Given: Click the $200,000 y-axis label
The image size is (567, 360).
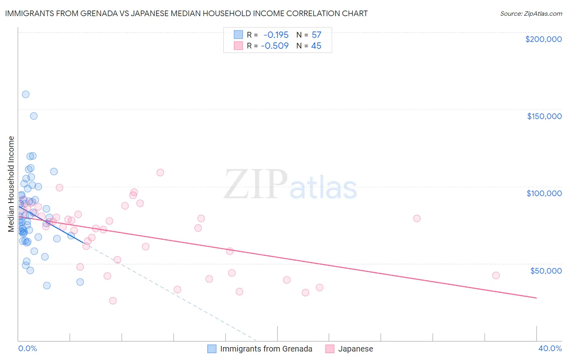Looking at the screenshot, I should click(x=543, y=39).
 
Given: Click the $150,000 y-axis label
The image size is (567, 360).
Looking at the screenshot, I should click(x=544, y=116).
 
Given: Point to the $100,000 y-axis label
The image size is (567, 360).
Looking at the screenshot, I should click(x=544, y=193).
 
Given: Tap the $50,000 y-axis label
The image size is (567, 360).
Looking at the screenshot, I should click(x=546, y=270).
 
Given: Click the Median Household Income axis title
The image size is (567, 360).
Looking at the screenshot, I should click(x=11, y=184).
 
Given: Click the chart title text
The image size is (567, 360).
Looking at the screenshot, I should click(x=186, y=13).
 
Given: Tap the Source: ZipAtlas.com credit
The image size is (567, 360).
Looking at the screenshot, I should click(x=531, y=13).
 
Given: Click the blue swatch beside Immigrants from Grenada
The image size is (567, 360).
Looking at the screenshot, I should click(x=212, y=349).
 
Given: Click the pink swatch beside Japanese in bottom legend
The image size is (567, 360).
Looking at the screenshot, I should click(x=330, y=349).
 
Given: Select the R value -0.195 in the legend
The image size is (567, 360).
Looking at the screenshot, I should click(x=276, y=35).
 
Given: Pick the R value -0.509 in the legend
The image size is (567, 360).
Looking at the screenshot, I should click(x=275, y=46).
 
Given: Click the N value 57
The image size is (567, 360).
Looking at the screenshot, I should click(x=316, y=35).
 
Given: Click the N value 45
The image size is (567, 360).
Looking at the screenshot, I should click(x=316, y=46).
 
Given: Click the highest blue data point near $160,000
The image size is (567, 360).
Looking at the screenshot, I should click(x=25, y=94).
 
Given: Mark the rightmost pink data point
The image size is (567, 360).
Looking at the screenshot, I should click(x=496, y=275).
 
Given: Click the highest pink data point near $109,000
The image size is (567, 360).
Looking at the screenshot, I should click(x=160, y=172).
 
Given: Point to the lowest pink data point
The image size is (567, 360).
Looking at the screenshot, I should click(x=113, y=301).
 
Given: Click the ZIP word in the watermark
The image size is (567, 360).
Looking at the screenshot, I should click(x=256, y=185).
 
